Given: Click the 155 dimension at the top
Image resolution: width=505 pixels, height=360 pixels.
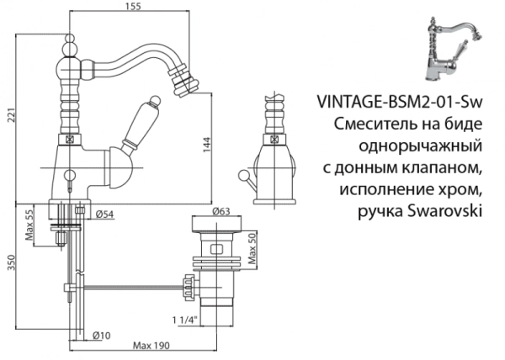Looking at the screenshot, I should point(130,8).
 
